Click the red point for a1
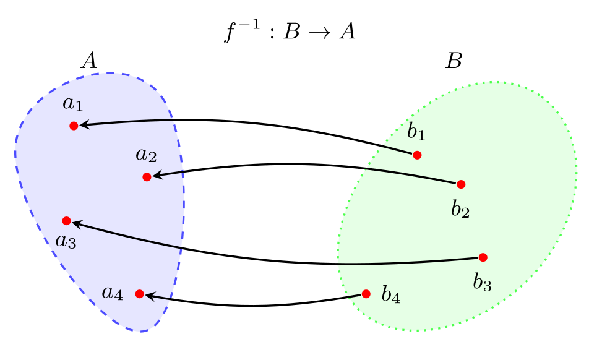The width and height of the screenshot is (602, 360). pos(74,126)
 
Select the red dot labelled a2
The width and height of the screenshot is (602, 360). pos(147,177)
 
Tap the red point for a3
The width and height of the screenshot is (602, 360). pos(66,221)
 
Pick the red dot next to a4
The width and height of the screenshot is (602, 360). pos(140,294)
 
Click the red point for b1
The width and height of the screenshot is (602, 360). pos(418,155)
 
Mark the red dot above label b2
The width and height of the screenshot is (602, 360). pos(461,184)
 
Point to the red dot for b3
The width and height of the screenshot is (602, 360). pos(483,257)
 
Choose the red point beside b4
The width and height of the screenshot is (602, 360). pos(366,294)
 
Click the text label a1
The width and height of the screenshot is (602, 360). pos(73,104)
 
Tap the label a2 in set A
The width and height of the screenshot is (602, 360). pos(146,155)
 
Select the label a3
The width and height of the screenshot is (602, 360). pos(66,242)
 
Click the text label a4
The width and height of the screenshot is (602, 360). pos(113,294)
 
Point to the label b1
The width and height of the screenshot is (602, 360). pos(416,131)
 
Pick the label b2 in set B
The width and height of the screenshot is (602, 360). pos(460,210)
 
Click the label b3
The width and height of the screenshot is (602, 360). pos(482,283)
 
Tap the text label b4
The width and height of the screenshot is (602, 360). pos(391,295)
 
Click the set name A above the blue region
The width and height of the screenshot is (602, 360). pos(88,61)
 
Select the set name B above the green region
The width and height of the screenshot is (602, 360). pos(454,61)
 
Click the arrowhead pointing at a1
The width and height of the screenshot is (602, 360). pos(84,124)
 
